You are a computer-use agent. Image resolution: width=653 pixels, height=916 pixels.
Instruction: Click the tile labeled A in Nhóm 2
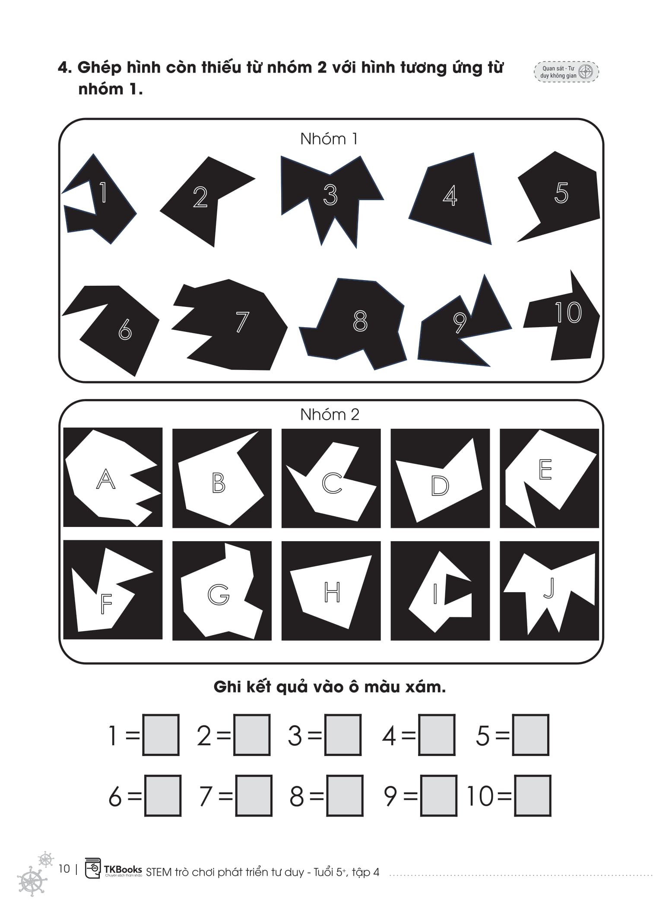coord(113,477)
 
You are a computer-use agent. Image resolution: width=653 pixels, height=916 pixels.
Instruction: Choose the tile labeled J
coord(549,590)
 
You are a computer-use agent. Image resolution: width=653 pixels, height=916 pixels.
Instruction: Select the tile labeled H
coord(331,590)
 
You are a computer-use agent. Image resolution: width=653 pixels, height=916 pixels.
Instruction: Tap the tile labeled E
coord(549,478)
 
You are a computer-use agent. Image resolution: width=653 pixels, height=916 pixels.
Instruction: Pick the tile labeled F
coord(113,590)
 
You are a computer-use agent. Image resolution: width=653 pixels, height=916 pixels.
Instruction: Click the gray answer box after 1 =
coord(161,735)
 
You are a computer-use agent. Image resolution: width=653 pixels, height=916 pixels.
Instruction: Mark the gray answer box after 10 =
coord(533,796)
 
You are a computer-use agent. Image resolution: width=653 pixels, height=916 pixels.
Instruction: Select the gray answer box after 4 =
coord(437,735)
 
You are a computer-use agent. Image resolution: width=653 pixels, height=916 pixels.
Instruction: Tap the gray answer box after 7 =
coord(254,796)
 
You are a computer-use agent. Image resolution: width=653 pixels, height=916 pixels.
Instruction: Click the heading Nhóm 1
coord(329,139)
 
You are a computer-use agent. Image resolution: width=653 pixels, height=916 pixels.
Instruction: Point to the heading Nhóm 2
coord(330,415)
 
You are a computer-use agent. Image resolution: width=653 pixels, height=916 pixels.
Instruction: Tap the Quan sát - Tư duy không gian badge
coord(567,72)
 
